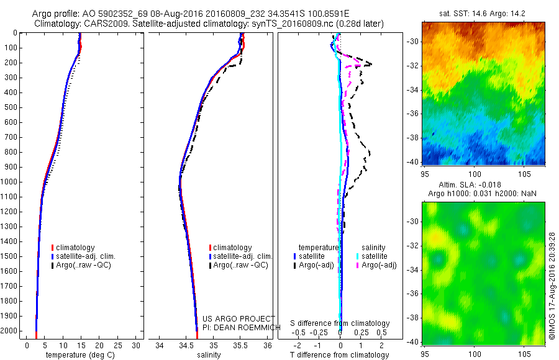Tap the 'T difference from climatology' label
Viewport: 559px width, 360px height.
click(x=339, y=355)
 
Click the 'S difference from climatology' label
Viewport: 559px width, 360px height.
click(x=340, y=324)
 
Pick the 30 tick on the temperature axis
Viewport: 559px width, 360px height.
click(x=137, y=345)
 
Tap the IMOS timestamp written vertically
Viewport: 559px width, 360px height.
click(x=552, y=286)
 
